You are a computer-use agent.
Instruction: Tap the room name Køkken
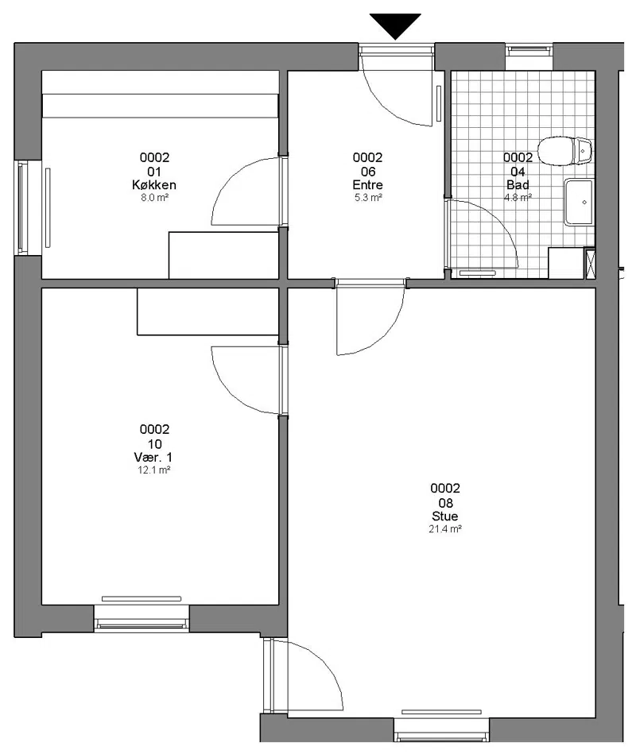154,184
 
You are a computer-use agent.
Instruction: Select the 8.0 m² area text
154,197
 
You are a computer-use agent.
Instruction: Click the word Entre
367,184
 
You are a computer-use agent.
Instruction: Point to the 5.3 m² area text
368,197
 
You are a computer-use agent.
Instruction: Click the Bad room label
518,184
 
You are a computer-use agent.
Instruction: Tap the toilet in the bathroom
564,151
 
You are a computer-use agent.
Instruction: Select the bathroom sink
580,202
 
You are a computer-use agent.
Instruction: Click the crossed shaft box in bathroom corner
589,262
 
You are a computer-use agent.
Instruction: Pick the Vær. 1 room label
153,457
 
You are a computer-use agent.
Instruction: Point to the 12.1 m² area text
154,470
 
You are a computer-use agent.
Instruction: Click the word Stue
445,516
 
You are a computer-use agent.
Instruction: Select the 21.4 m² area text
445,529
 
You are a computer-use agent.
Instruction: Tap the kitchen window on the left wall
22,207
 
